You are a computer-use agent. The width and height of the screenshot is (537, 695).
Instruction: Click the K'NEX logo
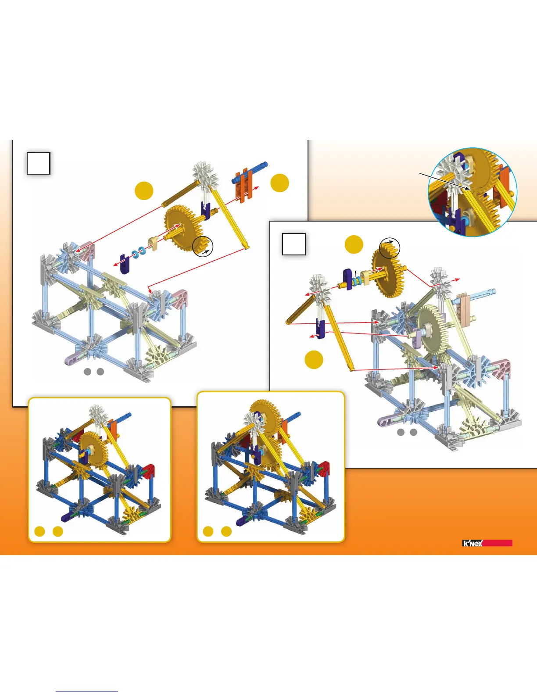pyautogui.click(x=473, y=543)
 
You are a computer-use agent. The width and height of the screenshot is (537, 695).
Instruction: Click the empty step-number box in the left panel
pyautogui.click(x=39, y=163)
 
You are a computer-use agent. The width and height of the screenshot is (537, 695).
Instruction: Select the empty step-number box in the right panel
pyautogui.click(x=294, y=244)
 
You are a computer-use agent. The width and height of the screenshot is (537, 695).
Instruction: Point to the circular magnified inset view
pyautogui.click(x=473, y=192)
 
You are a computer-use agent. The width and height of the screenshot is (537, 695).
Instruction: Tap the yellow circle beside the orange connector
pyautogui.click(x=279, y=183)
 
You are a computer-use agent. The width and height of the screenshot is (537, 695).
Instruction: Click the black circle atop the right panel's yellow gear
pyautogui.click(x=390, y=248)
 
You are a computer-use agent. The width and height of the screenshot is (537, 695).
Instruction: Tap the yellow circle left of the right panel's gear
pyautogui.click(x=354, y=244)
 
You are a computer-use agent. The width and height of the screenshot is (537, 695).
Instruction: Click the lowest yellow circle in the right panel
pyautogui.click(x=314, y=359)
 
